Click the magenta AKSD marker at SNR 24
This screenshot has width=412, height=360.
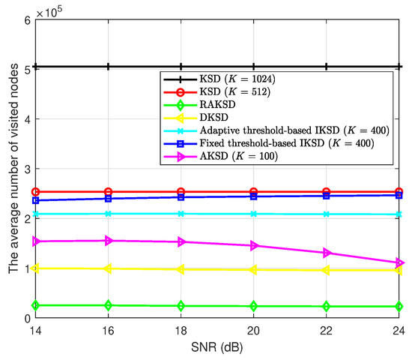point(399,263)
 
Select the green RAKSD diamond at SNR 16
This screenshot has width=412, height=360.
point(109,305)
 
